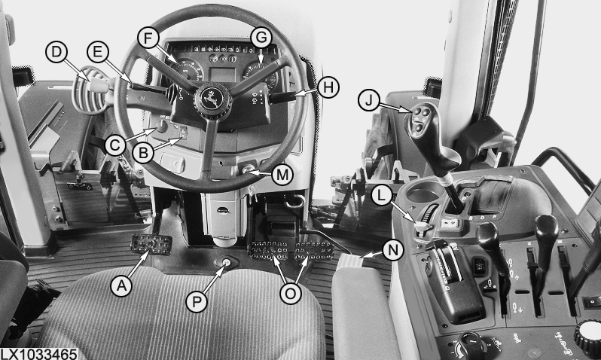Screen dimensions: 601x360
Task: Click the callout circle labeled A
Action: click(x=121, y=286)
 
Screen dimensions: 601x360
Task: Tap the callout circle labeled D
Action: click(x=56, y=52)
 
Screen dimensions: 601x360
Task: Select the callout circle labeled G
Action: click(x=261, y=38)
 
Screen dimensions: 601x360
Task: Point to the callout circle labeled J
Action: click(x=369, y=100)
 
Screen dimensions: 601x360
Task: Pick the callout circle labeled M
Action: click(x=282, y=175)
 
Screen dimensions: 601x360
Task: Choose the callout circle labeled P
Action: click(x=197, y=302)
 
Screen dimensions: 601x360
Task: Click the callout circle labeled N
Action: click(x=393, y=251)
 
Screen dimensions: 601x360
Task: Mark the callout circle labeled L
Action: click(x=381, y=196)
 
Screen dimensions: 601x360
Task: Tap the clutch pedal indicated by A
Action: click(x=151, y=244)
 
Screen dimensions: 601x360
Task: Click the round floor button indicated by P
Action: click(x=226, y=263)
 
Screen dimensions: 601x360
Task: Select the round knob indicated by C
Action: click(x=162, y=125)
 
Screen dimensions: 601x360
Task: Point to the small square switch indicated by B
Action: click(x=183, y=133)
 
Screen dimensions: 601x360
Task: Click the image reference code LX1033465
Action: click(x=38, y=354)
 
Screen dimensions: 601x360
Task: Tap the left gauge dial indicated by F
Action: click(x=188, y=69)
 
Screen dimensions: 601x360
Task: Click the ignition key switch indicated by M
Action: click(x=247, y=168)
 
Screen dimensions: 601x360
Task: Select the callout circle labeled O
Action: click(x=291, y=293)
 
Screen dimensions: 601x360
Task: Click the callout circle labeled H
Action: click(x=328, y=88)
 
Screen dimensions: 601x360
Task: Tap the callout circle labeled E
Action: click(x=98, y=52)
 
